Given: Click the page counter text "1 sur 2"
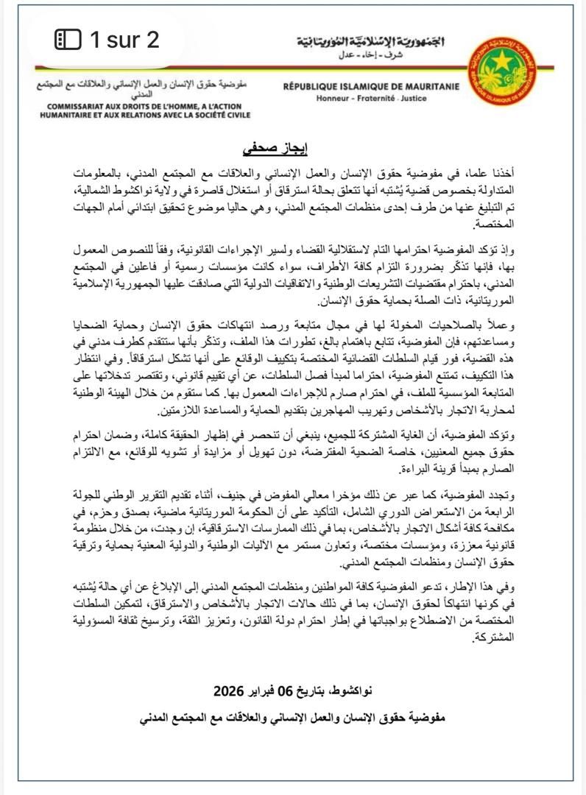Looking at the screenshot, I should point(124,39).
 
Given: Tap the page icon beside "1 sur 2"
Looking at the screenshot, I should point(68,39).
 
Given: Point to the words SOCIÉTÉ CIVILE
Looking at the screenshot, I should point(218,116).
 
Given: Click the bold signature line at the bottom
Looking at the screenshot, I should point(293,716).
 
